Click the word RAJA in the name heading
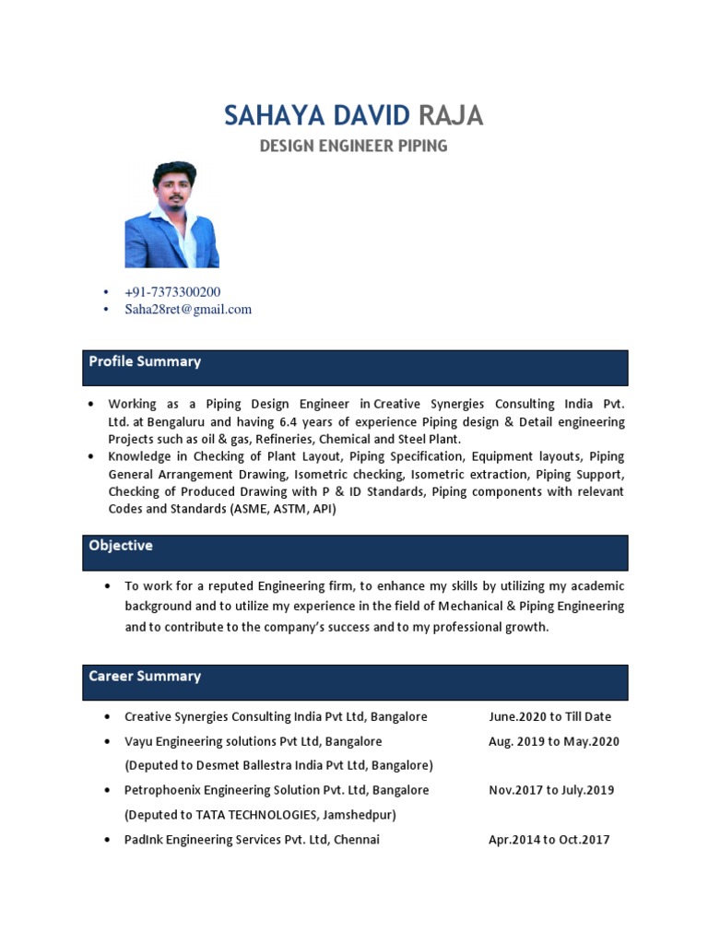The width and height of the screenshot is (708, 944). [450, 116]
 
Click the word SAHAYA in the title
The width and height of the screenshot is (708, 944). [265, 116]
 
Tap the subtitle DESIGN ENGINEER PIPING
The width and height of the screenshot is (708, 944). [353, 146]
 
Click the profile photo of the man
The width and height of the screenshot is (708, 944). [172, 215]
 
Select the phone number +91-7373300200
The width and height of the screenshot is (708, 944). [172, 291]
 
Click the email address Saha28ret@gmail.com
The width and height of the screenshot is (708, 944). [188, 309]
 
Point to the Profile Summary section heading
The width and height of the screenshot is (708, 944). [145, 362]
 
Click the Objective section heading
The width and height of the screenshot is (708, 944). [121, 546]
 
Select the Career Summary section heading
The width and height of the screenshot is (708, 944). [145, 677]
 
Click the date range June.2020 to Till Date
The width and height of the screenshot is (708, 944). [549, 716]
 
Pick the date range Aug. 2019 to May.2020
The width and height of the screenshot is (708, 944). [553, 741]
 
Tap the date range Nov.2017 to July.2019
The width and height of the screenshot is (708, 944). [551, 790]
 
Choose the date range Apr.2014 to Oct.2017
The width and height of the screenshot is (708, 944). [549, 840]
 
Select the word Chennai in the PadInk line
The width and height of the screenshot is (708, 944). [357, 840]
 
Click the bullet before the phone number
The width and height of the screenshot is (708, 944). [106, 292]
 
